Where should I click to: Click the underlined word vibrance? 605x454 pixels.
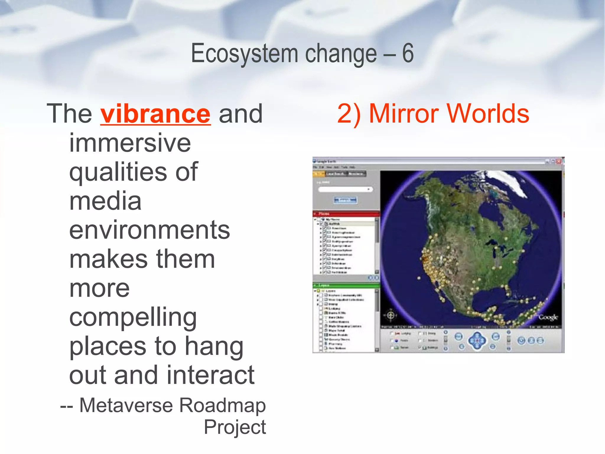155,114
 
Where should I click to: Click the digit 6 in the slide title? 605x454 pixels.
408,53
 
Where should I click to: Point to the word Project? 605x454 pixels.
235,427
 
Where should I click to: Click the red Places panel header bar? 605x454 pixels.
346,213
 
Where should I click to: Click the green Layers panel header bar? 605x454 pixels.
346,285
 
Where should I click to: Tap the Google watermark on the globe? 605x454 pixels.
548,317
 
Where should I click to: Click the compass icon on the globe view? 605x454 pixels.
391,315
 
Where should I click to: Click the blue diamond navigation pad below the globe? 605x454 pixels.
477,340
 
